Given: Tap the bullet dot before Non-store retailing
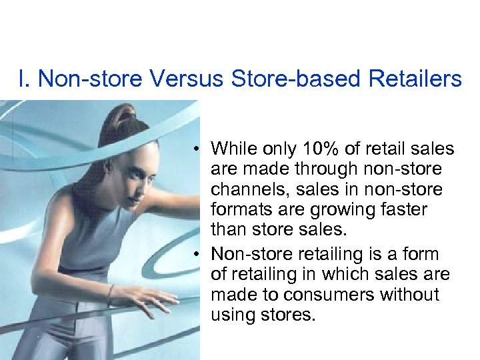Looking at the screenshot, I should click(199, 255).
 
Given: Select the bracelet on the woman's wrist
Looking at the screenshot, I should click(111, 292).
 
